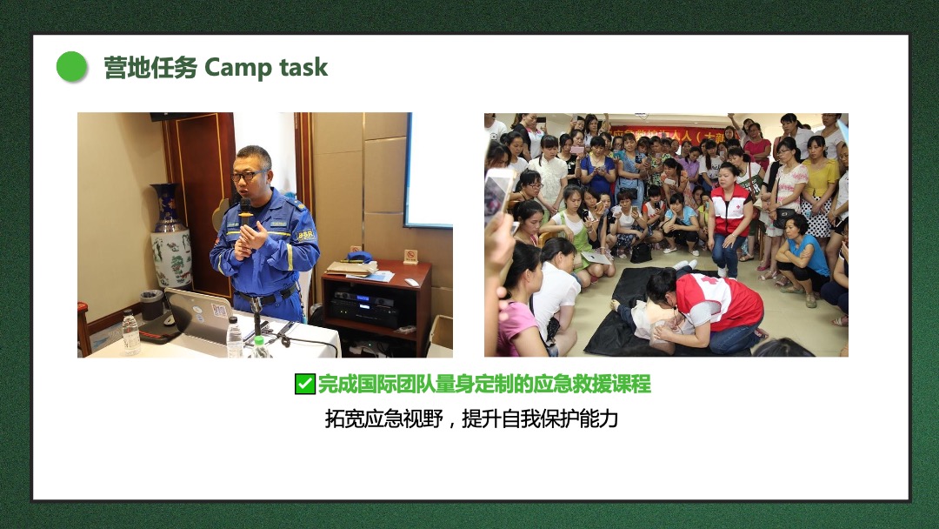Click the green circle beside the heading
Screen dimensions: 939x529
pos(72,66)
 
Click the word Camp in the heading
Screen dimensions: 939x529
pos(237,68)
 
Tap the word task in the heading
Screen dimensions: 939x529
pos(303,67)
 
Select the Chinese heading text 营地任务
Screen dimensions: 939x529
pos(150,68)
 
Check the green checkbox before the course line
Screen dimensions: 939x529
pos(305,384)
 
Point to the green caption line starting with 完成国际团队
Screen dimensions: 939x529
pos(484,384)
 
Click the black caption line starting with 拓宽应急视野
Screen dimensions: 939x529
pos(471,419)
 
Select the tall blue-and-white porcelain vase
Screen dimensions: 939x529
pos(170,236)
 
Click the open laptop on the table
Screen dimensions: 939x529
pos(199,314)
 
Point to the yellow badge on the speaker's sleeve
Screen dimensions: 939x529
pos(305,236)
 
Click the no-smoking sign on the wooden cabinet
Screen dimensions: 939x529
pos(410,257)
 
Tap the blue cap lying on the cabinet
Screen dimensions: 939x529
pos(359,257)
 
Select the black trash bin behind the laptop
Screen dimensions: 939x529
pos(151,305)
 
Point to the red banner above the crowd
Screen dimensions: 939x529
pos(666,135)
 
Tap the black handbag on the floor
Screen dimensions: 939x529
pos(641,253)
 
